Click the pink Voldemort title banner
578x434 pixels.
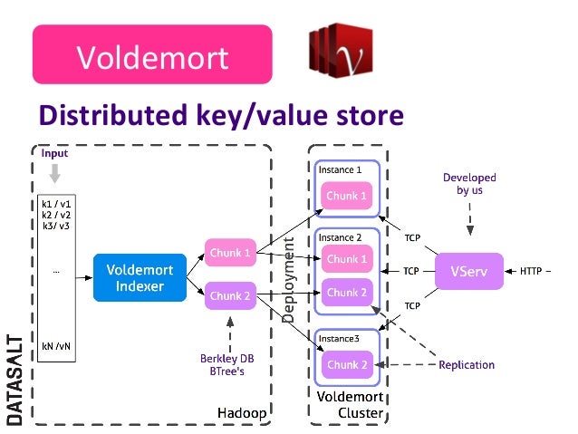point(152,57)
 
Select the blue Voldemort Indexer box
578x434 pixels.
point(140,277)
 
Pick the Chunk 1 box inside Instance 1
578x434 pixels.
point(347,196)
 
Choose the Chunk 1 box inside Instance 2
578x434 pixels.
point(347,259)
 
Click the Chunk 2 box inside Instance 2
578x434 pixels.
point(347,293)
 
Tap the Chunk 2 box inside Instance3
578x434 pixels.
point(347,364)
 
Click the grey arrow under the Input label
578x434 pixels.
point(55,173)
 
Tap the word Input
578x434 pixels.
point(55,154)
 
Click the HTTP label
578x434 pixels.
point(533,271)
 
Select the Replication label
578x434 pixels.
point(466,365)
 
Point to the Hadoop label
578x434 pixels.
point(242,413)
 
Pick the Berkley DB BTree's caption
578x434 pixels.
point(226,365)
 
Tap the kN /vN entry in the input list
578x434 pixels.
point(54,345)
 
